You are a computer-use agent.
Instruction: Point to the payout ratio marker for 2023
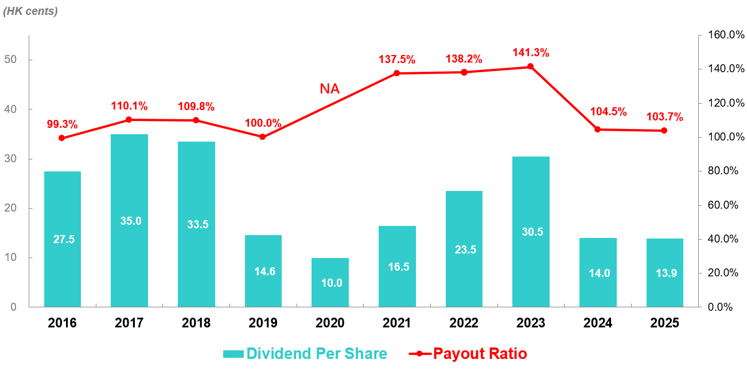point(531,67)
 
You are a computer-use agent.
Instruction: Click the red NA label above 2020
point(329,89)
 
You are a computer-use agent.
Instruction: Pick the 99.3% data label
point(63,124)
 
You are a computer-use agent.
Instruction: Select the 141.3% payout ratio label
point(531,53)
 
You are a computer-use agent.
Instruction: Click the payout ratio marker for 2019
point(263,136)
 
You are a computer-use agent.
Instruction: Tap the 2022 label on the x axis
point(464,323)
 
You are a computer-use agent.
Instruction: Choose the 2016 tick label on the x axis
point(62,323)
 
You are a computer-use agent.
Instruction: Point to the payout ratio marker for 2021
point(397,73)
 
